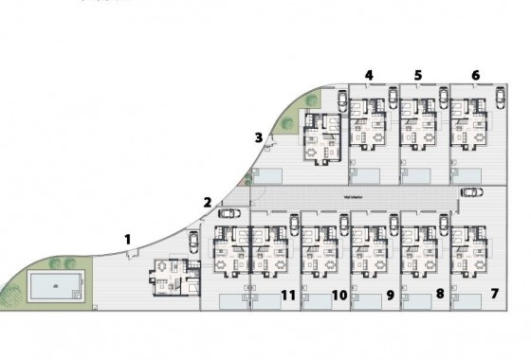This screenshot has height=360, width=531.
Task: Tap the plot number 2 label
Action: tap(207, 201)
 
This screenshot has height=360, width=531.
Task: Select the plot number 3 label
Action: tap(258, 137)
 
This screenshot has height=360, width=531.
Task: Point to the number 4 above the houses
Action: tap(369, 75)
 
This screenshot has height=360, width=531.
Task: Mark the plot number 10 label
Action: tap(339, 295)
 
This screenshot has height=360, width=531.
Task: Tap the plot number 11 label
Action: tap(288, 295)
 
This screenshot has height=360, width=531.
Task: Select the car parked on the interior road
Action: tap(471, 190)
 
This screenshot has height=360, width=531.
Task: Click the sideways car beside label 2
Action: tap(229, 213)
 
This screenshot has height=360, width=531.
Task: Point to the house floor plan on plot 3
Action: tap(320, 137)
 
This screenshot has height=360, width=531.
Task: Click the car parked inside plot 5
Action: tap(443, 97)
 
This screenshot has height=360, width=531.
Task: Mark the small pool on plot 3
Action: tap(268, 175)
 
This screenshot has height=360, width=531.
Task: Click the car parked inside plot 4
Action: tap(393, 97)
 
